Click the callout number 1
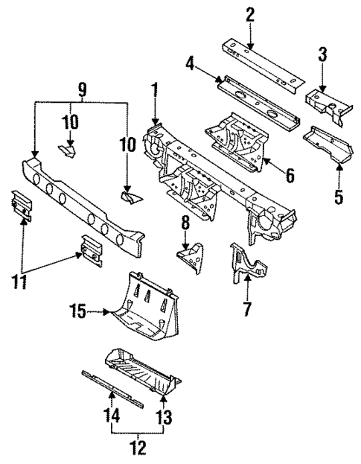[155, 95]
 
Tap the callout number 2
[249, 13]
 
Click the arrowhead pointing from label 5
[339, 165]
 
